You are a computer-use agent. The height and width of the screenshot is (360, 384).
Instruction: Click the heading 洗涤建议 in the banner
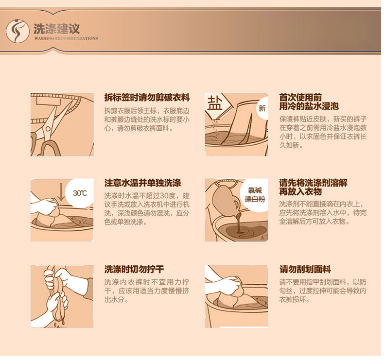(x=57, y=29)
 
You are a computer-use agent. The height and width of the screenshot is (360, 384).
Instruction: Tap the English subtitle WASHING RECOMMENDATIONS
(x=66, y=38)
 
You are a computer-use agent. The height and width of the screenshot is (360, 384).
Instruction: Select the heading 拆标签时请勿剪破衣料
(x=147, y=97)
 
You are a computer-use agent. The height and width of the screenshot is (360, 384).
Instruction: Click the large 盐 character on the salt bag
(x=215, y=103)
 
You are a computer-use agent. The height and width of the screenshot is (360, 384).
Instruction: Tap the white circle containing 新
(x=262, y=108)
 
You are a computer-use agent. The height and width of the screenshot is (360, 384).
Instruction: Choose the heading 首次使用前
(x=300, y=97)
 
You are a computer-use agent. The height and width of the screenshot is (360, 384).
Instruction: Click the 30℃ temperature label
(x=80, y=193)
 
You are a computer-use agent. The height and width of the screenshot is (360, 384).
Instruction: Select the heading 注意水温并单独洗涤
(x=143, y=183)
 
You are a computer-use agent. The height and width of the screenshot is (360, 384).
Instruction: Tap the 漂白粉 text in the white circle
(x=255, y=199)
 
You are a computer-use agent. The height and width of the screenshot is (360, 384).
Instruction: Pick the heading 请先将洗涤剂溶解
(x=313, y=183)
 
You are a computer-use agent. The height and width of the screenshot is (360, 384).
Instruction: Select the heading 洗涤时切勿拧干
(x=134, y=269)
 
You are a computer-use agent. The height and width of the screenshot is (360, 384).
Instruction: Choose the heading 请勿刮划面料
(x=305, y=269)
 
